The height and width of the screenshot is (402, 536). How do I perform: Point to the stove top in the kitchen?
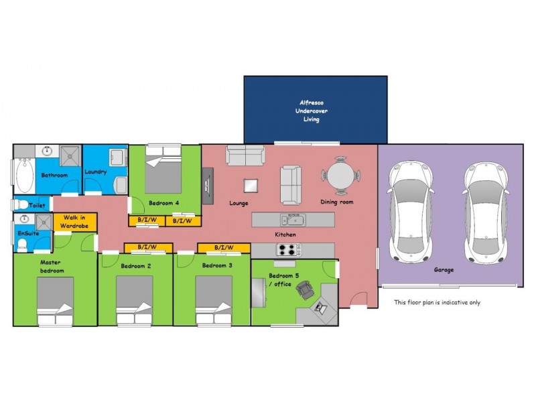click(x=288, y=250)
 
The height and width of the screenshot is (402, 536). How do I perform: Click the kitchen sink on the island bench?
click(x=293, y=219)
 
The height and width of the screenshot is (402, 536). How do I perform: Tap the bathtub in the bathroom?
click(x=23, y=172)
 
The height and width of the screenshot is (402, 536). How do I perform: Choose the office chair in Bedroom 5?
click(x=306, y=290)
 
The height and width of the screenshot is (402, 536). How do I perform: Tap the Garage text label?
click(x=444, y=269)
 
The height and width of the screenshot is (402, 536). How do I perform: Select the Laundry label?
click(x=96, y=172)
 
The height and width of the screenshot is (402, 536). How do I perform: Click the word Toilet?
click(x=36, y=206)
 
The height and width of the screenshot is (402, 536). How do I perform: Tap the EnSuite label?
click(x=28, y=233)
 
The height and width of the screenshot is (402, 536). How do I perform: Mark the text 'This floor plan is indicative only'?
click(x=437, y=302)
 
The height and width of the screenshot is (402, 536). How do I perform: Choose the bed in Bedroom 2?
click(x=135, y=300)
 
